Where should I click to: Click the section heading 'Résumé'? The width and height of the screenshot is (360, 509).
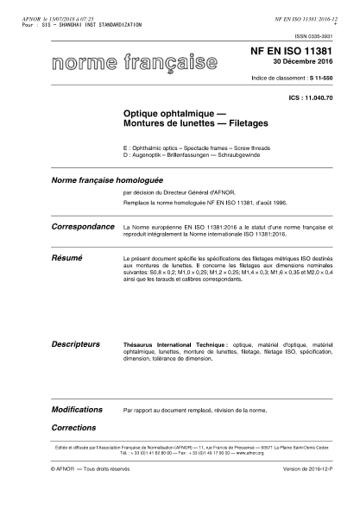click(46, 258)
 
